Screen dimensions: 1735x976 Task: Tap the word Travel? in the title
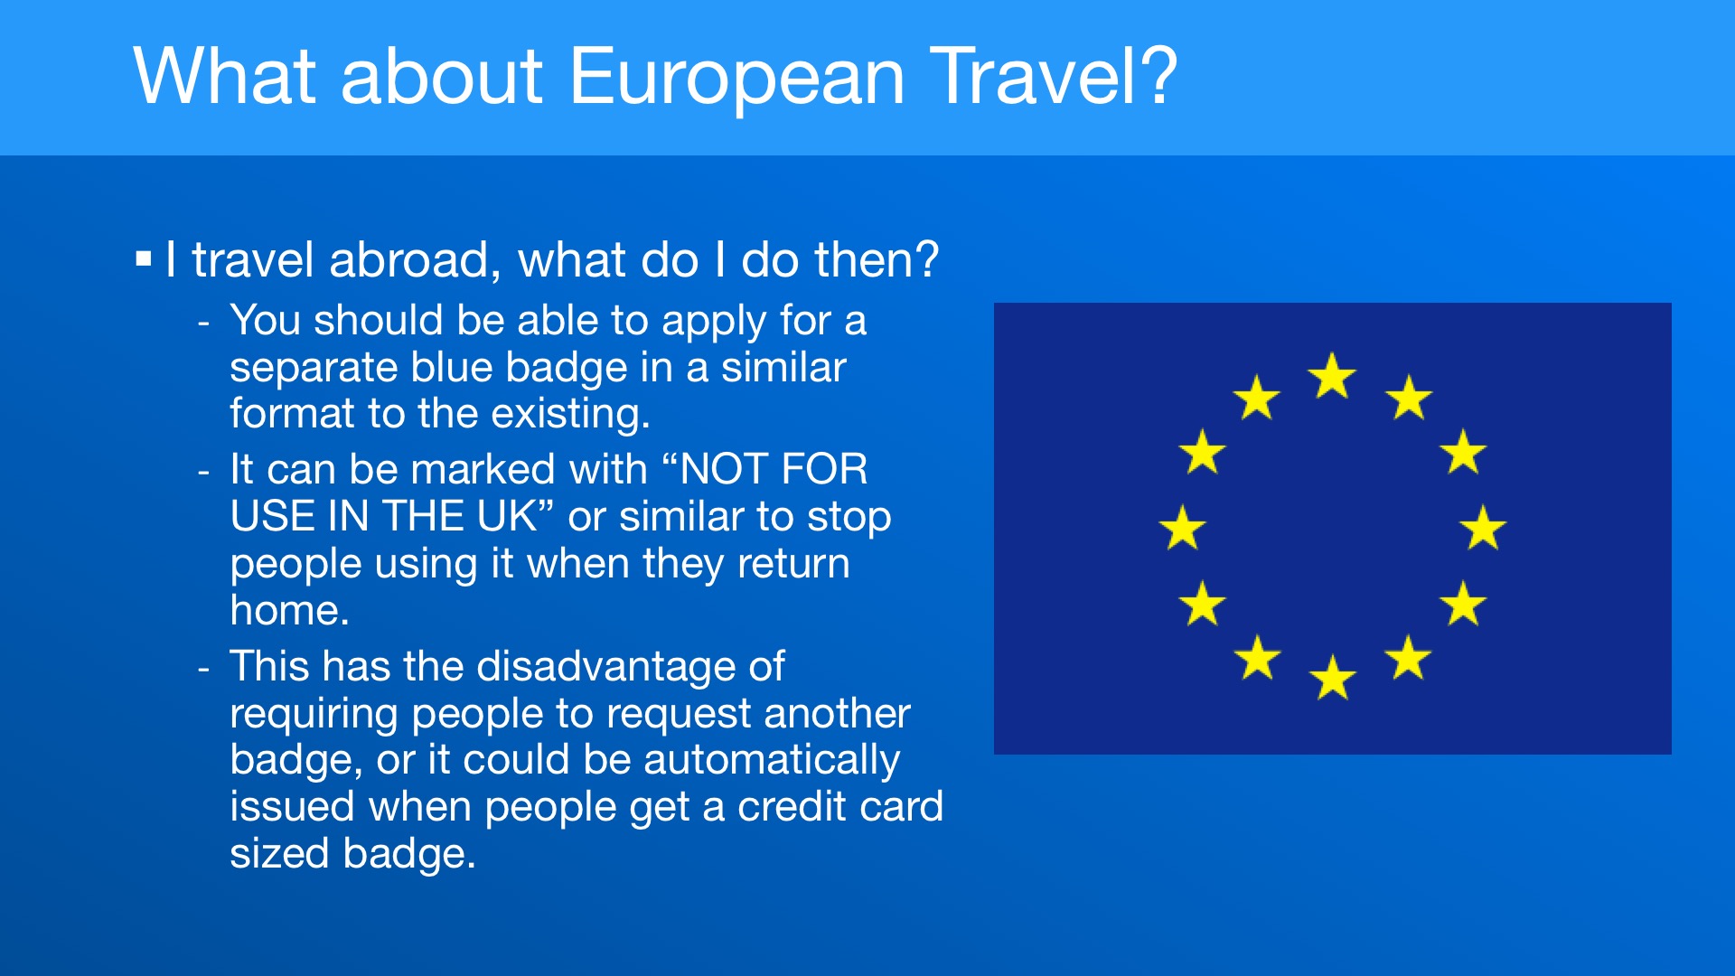(x=1054, y=75)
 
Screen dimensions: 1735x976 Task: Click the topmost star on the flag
(x=1332, y=376)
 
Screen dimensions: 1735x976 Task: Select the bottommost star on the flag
(x=1332, y=678)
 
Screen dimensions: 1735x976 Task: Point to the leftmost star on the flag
(x=1182, y=528)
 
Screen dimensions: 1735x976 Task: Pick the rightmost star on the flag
(x=1483, y=528)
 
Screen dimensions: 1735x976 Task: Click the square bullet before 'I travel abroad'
(x=143, y=259)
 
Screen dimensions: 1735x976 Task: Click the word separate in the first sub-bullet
(x=313, y=368)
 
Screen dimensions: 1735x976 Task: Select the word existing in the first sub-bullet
(x=570, y=414)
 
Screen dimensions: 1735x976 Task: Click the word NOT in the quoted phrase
(x=728, y=470)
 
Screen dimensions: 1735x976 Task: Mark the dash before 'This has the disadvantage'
(x=204, y=669)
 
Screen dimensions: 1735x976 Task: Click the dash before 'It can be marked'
(x=204, y=472)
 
